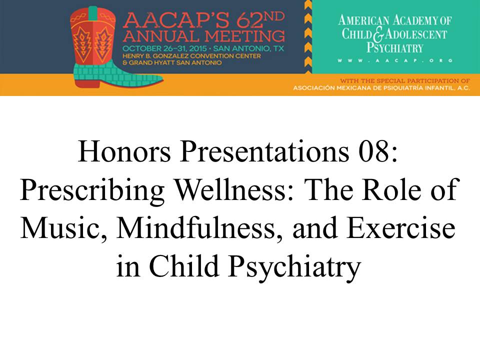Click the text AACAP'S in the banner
[x=176, y=21]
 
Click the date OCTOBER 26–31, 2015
[x=164, y=48]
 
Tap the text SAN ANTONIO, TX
[x=248, y=48]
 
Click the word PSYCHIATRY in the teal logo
[x=395, y=47]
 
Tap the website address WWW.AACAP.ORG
[x=395, y=60]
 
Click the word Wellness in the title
[x=234, y=190]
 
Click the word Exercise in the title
[x=401, y=228]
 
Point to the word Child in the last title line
[x=183, y=265]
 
